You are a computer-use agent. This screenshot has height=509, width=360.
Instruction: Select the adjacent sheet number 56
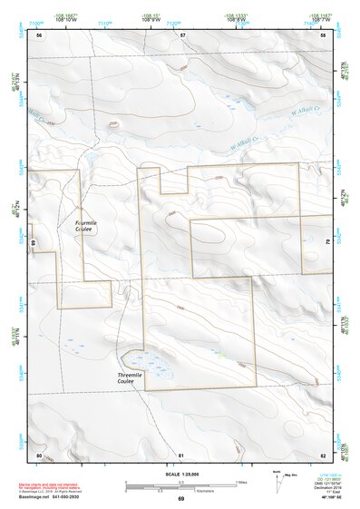click(x=39, y=35)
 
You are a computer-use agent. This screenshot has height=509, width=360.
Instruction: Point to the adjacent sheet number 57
click(x=181, y=35)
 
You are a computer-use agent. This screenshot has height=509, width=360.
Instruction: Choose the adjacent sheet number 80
click(x=39, y=454)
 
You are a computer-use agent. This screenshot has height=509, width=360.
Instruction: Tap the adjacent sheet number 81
click(x=181, y=454)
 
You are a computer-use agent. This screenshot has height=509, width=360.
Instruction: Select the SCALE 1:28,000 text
click(x=181, y=475)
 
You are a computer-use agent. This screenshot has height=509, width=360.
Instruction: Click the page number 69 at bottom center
click(x=180, y=499)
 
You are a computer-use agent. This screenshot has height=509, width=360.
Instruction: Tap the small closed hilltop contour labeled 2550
click(x=113, y=125)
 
